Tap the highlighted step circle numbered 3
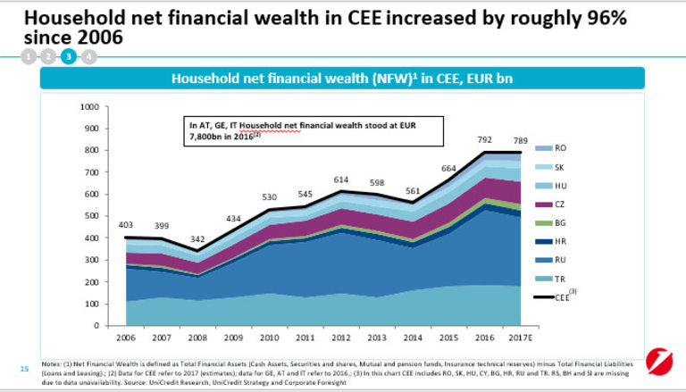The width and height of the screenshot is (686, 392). pyautogui.click(x=69, y=56)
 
